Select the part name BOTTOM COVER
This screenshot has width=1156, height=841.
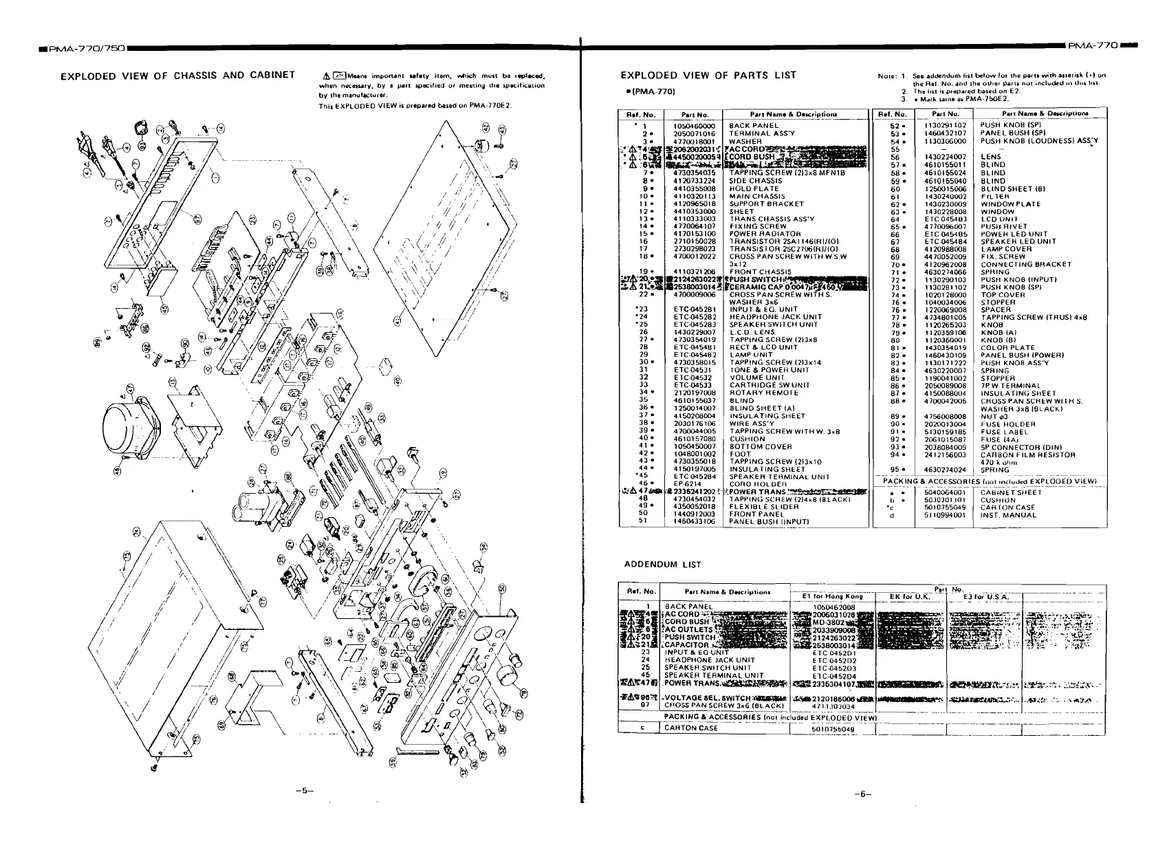coord(760,446)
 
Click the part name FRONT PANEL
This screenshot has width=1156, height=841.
coord(756,514)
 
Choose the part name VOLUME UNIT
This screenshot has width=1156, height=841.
coord(756,378)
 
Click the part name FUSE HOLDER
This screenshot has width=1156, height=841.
coord(1007,424)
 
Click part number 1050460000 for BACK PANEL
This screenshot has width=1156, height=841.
coord(695,126)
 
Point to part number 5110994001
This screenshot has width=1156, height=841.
coord(946,514)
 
